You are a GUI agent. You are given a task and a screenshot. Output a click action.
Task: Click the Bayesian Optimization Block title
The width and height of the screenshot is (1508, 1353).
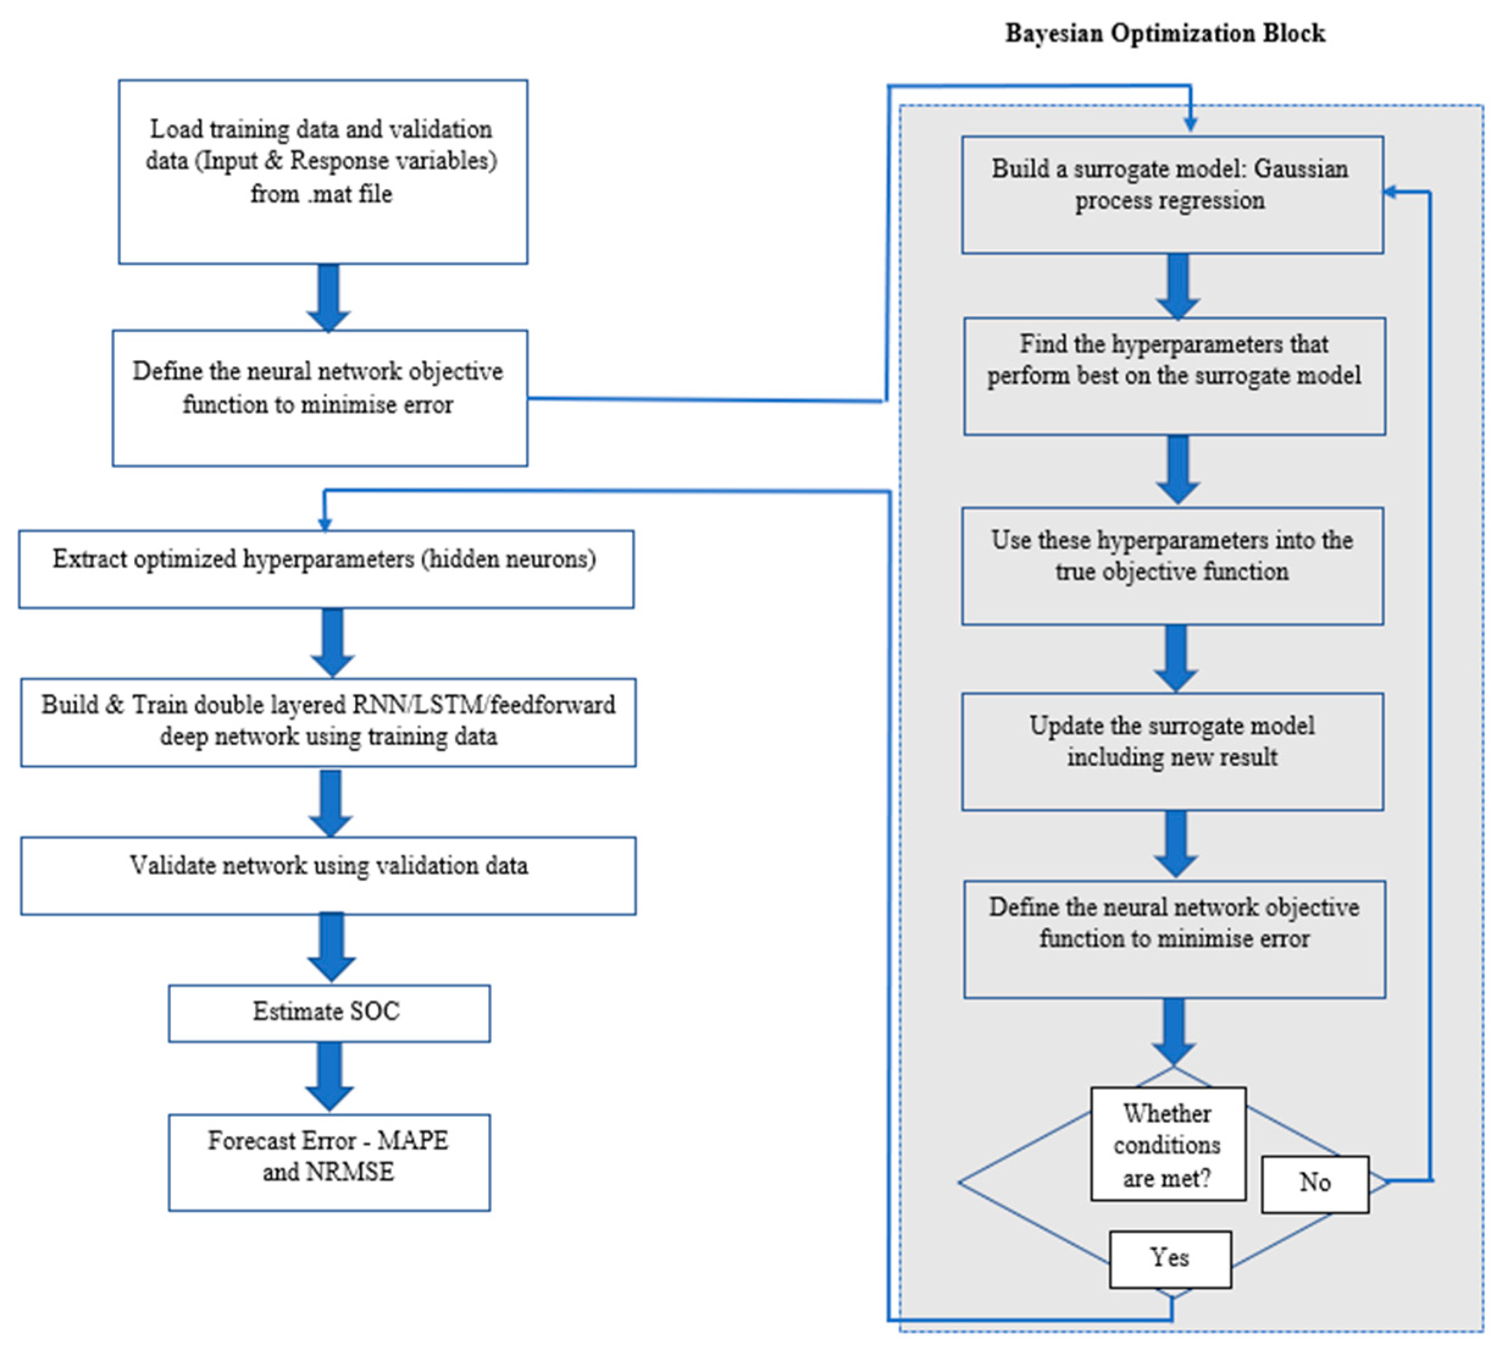[x=1165, y=34]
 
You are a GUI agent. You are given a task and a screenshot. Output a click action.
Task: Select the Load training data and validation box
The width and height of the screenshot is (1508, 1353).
[x=323, y=171]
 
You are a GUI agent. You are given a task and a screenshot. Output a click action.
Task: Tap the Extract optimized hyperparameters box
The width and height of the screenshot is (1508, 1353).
[x=326, y=569]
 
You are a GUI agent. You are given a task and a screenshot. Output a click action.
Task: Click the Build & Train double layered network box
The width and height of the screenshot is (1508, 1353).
[x=328, y=721]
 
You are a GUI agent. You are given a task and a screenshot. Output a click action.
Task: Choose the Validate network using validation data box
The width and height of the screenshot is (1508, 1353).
[x=328, y=875]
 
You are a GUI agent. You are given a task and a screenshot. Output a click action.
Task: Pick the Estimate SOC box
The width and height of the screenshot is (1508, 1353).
[x=329, y=1012]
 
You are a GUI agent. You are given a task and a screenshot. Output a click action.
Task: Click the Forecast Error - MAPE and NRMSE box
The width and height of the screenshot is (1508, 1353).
[x=329, y=1161]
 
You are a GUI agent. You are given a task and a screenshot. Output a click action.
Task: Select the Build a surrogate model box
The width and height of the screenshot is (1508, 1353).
[x=1171, y=194]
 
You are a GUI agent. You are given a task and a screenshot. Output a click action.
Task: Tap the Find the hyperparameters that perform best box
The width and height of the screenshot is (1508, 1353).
[x=1174, y=376]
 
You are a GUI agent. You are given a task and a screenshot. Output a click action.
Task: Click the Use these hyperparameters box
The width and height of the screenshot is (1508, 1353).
[x=1171, y=566]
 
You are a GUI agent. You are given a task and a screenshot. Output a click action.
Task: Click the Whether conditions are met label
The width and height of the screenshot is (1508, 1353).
[x=1167, y=1144]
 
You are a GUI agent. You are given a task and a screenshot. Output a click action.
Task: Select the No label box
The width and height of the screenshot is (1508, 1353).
[x=1314, y=1183]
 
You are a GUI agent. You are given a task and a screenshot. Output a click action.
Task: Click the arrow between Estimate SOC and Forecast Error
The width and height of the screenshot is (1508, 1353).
[x=329, y=1077]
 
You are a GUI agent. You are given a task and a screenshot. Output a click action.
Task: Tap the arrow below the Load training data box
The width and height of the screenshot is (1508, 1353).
[x=329, y=297]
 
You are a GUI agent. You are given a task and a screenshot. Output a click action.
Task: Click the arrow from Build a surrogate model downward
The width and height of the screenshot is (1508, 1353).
[x=1177, y=286]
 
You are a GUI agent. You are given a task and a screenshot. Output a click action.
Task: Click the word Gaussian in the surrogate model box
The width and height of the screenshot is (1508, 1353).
[x=1301, y=169]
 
